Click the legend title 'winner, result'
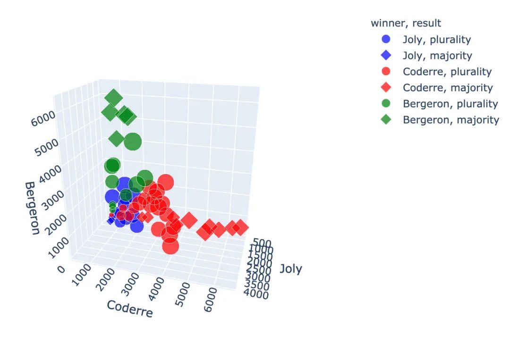[406, 23]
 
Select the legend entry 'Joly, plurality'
[436, 39]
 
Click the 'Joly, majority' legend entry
[437, 55]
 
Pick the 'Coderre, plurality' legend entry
[447, 71]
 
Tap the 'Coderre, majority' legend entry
[447, 87]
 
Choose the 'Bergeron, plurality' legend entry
[450, 103]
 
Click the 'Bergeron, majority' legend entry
[450, 119]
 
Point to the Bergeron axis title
[32, 208]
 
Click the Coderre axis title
[129, 309]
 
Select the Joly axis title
[290, 269]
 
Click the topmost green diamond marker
[114, 98]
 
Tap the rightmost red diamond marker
[240, 227]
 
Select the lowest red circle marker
[170, 246]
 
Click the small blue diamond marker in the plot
[110, 220]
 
